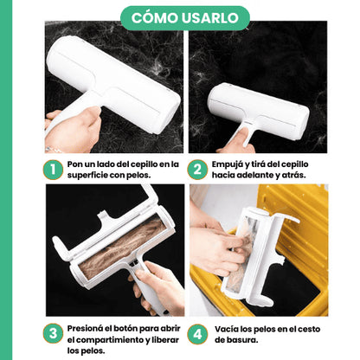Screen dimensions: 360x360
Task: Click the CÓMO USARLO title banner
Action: [x=185, y=18]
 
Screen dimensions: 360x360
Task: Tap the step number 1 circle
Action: [x=53, y=170]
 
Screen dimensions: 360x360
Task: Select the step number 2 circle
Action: [x=197, y=170]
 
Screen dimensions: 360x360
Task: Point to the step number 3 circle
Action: [x=53, y=334]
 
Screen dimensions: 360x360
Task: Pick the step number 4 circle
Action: [x=197, y=334]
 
